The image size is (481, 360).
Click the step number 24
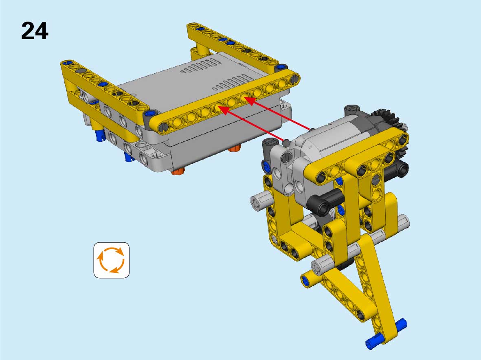click(x=35, y=31)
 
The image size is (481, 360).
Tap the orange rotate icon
click(x=111, y=260)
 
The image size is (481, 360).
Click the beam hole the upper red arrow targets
click(x=245, y=99)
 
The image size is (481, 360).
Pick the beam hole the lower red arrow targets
click(x=219, y=108)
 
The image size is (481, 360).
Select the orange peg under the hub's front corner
click(x=178, y=172)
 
